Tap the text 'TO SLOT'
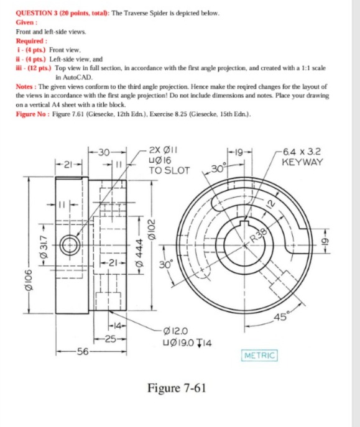tap(168, 169)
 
